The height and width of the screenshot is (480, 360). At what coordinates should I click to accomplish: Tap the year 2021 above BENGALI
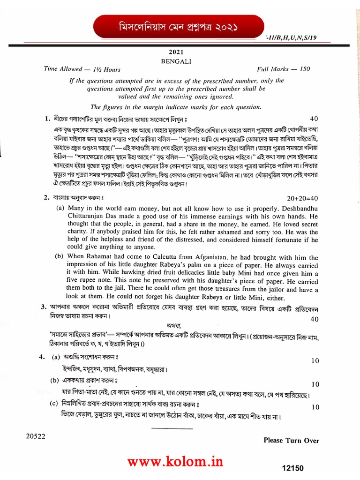coord(181,53)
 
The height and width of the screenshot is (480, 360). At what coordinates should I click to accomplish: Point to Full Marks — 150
coord(283,69)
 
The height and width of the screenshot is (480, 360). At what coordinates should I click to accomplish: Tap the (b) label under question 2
coord(59,257)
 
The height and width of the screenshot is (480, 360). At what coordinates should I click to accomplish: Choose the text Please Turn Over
coord(291,440)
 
